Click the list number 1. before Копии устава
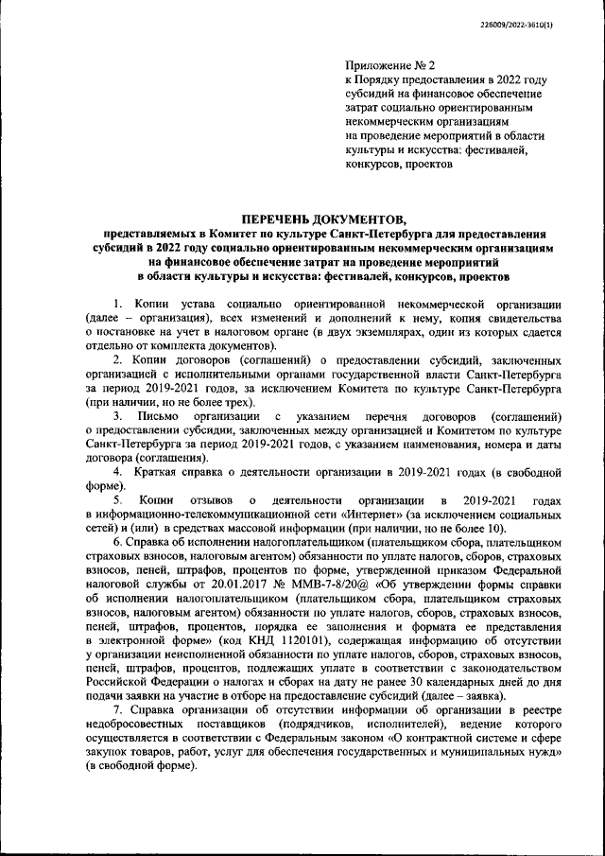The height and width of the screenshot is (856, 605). coord(118,305)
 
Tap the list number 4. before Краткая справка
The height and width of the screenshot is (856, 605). coord(118,471)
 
